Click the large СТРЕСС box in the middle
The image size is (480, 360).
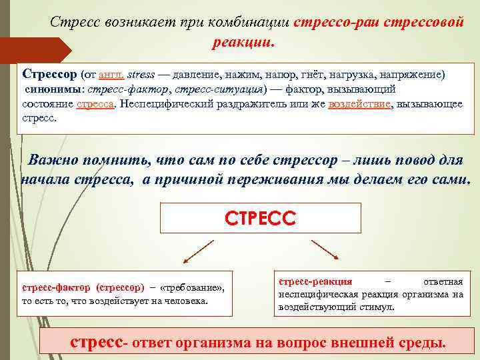[x=261, y=217]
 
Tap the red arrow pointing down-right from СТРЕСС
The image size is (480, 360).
[x=326, y=250]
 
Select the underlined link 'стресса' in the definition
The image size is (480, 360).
[x=95, y=105]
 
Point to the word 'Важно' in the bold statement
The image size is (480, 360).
[x=59, y=161]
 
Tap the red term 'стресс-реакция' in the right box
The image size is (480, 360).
[x=315, y=281]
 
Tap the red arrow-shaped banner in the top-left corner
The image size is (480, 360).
[x=37, y=50]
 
